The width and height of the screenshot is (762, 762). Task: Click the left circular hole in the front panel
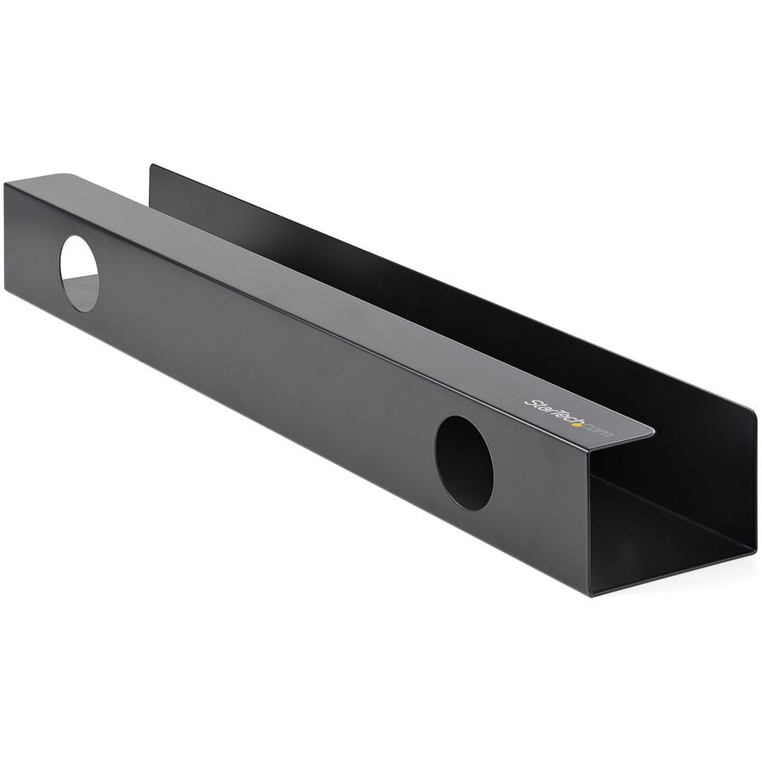coord(79,273)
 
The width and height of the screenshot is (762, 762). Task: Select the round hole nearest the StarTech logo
coord(464,462)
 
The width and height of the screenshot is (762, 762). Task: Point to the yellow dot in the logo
coord(577,424)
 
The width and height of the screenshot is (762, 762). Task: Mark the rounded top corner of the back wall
coord(750,414)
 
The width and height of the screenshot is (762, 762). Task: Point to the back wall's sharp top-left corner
coord(151,166)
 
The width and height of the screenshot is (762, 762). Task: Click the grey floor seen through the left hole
coord(80,291)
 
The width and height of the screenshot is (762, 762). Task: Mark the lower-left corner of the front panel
coord(7,289)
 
